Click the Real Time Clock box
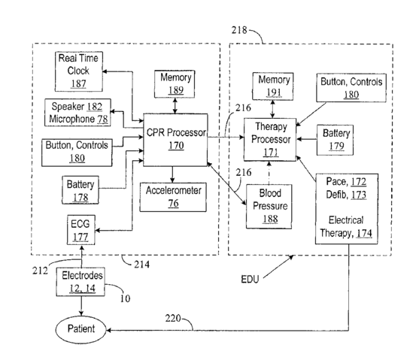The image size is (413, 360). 79,71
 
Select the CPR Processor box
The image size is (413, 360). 175,140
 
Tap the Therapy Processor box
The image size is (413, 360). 270,140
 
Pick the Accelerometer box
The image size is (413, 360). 173,197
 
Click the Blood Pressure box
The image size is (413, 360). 269,207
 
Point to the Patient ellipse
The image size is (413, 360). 81,329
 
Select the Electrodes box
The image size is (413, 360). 80,282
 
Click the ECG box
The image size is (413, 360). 80,230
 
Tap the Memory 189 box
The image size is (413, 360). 175,84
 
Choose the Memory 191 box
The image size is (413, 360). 273,86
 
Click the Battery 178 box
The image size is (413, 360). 80,190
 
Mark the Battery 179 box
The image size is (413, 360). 335,140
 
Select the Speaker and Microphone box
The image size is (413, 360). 77,113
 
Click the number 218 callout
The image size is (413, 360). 239,30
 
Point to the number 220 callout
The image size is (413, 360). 173,318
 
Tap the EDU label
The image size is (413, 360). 250,280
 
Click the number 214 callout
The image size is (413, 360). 141,265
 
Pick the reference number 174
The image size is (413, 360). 364,233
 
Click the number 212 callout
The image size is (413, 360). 40,271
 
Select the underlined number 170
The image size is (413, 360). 176,146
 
